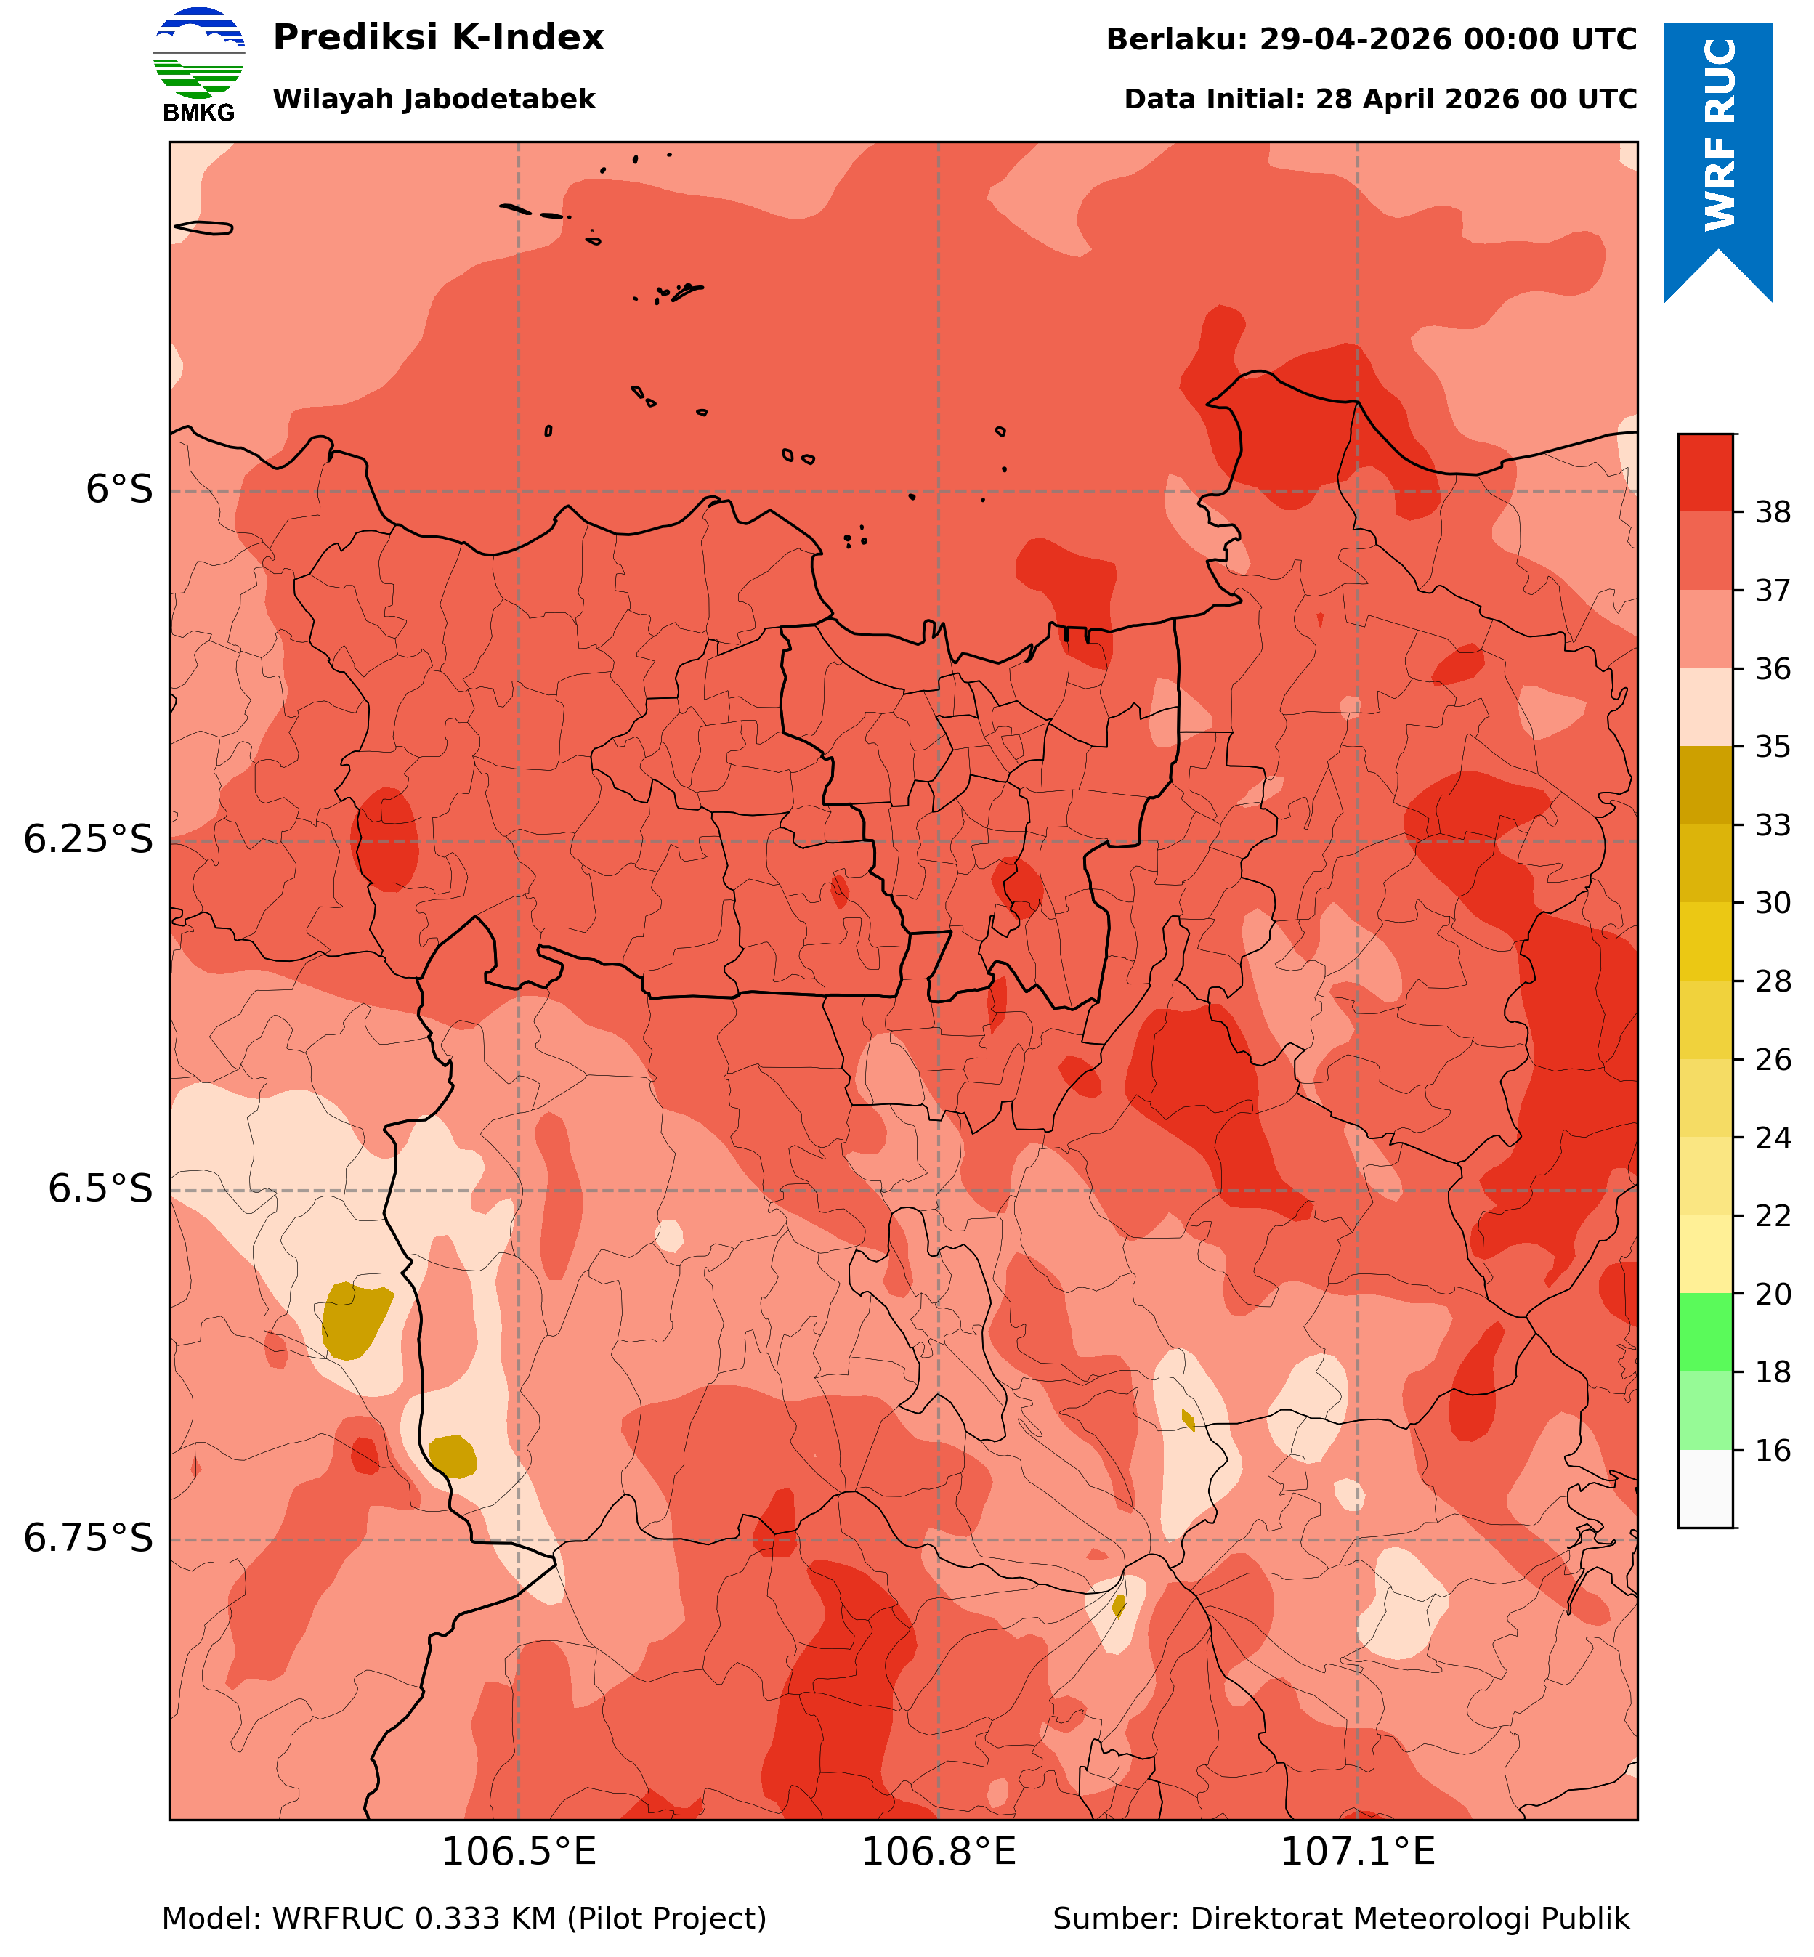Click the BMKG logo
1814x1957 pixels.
coord(198,65)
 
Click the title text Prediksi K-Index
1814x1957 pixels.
coord(438,39)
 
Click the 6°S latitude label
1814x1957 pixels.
coord(120,490)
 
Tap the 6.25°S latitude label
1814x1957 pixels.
coord(89,840)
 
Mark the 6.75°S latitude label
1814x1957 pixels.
coord(89,1539)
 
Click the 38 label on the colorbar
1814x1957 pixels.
coord(1773,512)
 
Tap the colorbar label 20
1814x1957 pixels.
coord(1773,1294)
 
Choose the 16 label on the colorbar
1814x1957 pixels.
coord(1773,1451)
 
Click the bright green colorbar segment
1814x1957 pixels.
coord(1706,1333)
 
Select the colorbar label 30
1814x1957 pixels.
coord(1773,903)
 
